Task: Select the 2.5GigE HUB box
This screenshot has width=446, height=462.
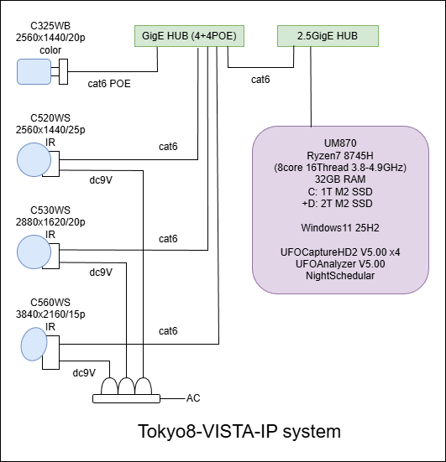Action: pos(328,36)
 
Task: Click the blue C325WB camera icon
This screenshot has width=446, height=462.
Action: pos(34,72)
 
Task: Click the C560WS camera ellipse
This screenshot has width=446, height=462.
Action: pos(34,343)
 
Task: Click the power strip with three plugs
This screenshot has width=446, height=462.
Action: pos(126,391)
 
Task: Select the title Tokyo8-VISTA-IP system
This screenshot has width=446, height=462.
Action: pos(239,432)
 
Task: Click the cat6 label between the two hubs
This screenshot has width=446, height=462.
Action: pos(260,80)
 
